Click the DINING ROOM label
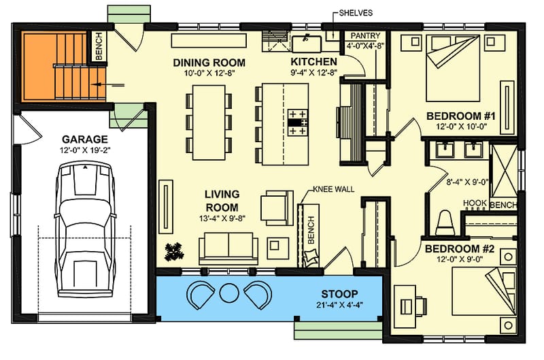pos(208,63)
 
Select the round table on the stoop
pos(228,293)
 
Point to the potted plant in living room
pos(175,251)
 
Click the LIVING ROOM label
pos(222,201)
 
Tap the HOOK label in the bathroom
pos(474,203)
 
